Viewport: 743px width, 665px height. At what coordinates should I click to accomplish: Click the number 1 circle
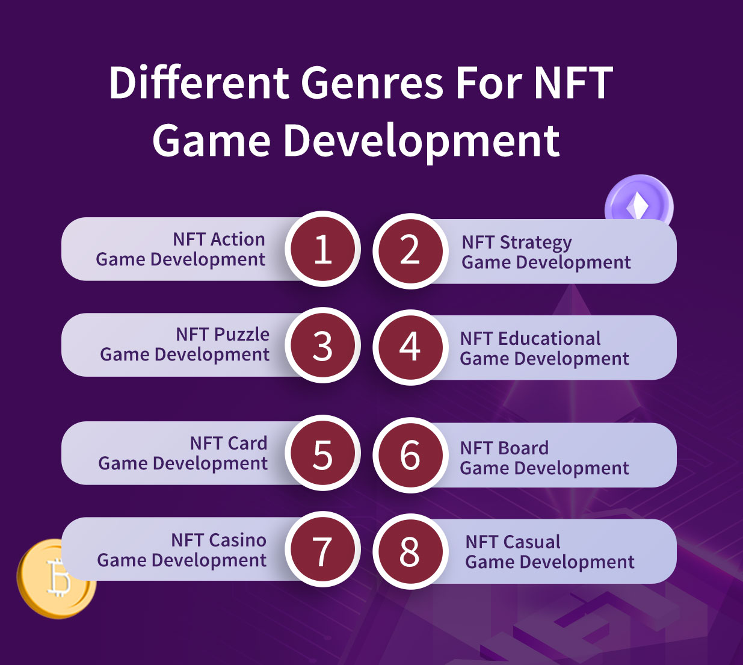pyautogui.click(x=322, y=249)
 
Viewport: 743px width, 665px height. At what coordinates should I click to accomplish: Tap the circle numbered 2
pyautogui.click(x=410, y=251)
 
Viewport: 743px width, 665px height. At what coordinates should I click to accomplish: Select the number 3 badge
pyautogui.click(x=322, y=345)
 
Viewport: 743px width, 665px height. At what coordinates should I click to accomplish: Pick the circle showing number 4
pyautogui.click(x=410, y=347)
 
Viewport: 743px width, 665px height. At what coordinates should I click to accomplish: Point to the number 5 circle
pyautogui.click(x=322, y=453)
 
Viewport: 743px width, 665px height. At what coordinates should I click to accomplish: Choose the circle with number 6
pyautogui.click(x=410, y=455)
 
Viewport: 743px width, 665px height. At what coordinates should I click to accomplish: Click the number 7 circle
pyautogui.click(x=322, y=549)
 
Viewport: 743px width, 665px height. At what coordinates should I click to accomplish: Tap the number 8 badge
pyautogui.click(x=410, y=551)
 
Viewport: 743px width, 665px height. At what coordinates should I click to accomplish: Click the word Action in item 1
pyautogui.click(x=238, y=240)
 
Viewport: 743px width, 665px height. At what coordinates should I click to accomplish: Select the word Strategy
pyautogui.click(x=536, y=243)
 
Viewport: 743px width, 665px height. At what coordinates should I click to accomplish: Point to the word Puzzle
pyautogui.click(x=241, y=335)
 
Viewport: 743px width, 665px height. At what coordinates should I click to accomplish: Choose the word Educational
pyautogui.click(x=549, y=338)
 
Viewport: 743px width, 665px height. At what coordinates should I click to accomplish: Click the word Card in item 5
pyautogui.click(x=247, y=443)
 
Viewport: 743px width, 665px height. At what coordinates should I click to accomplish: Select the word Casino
pyautogui.click(x=238, y=540)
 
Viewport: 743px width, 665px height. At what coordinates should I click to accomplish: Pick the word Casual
pyautogui.click(x=532, y=542)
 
